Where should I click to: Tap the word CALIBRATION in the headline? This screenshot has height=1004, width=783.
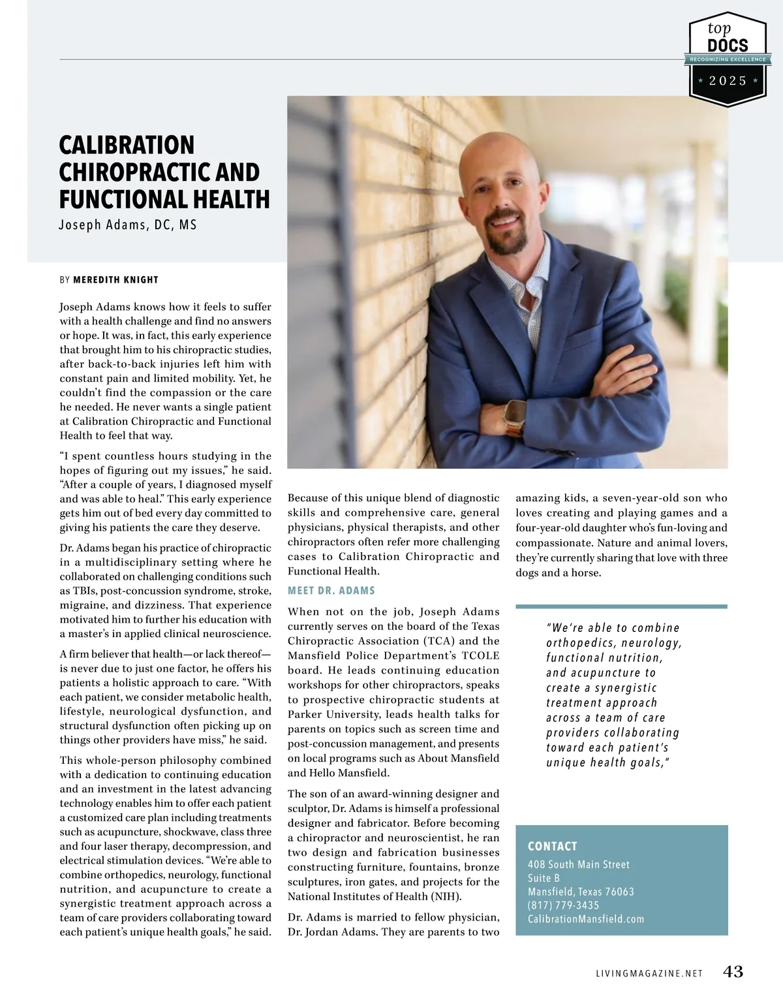[x=127, y=145]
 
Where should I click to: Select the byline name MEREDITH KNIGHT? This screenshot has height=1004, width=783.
[x=115, y=280]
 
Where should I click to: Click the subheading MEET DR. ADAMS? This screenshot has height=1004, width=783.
[x=331, y=591]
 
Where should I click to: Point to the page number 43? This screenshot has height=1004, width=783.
[x=733, y=972]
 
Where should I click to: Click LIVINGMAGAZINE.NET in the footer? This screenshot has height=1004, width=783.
[x=649, y=973]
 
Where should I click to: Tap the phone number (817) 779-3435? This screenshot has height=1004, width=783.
[x=563, y=905]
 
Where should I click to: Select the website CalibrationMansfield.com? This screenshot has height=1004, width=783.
[x=585, y=919]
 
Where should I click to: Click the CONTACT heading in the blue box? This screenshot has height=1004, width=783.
[x=552, y=847]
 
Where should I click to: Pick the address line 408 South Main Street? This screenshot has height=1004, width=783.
[x=578, y=865]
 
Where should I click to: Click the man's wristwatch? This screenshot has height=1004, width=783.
[x=515, y=414]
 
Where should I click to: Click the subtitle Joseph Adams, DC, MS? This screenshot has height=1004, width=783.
[x=128, y=225]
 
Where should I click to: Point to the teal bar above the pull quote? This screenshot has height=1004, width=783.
[x=621, y=606]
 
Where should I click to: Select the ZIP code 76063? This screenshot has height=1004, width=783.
[x=619, y=892]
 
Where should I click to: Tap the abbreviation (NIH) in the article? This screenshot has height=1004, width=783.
[x=446, y=896]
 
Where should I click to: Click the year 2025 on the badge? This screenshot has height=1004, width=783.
[x=728, y=81]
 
